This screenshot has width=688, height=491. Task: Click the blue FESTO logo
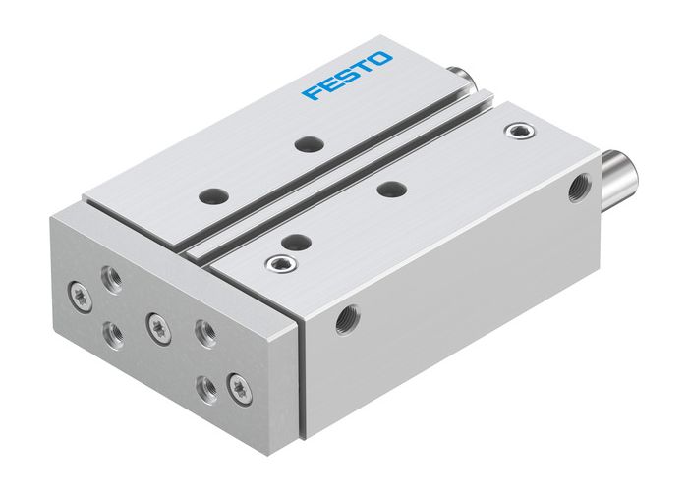point(347,77)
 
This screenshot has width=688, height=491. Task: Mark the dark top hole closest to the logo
point(310,144)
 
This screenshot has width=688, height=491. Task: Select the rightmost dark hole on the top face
point(391,188)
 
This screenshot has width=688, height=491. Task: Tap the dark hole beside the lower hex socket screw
point(290,242)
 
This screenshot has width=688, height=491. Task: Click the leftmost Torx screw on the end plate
point(78,292)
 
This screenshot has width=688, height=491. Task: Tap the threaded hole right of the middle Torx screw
point(204,333)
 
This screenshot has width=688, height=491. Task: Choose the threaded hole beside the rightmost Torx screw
point(207,385)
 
